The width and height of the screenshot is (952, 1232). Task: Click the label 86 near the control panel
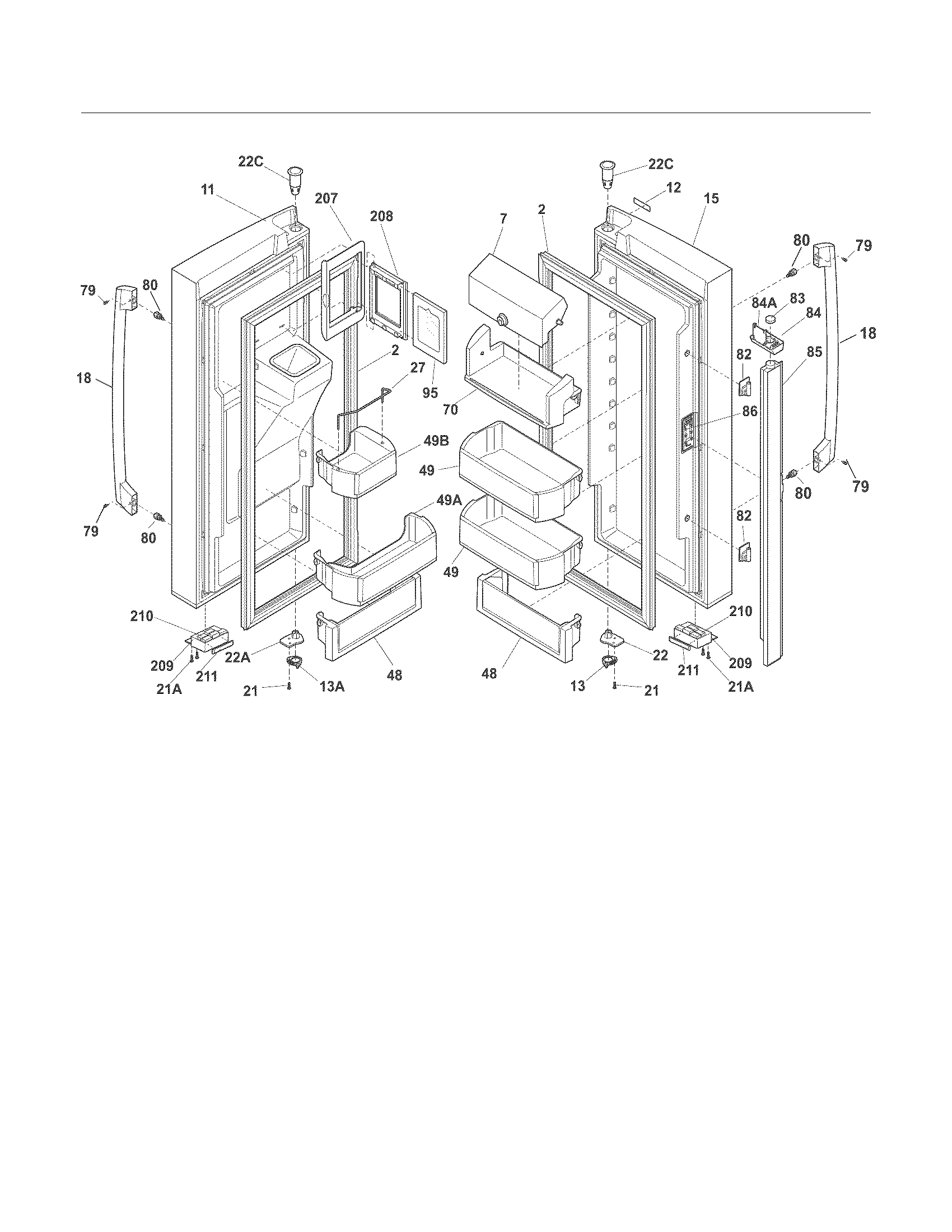coord(749,412)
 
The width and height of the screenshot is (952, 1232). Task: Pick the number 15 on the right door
coord(711,199)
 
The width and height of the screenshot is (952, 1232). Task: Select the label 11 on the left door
coord(208,190)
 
